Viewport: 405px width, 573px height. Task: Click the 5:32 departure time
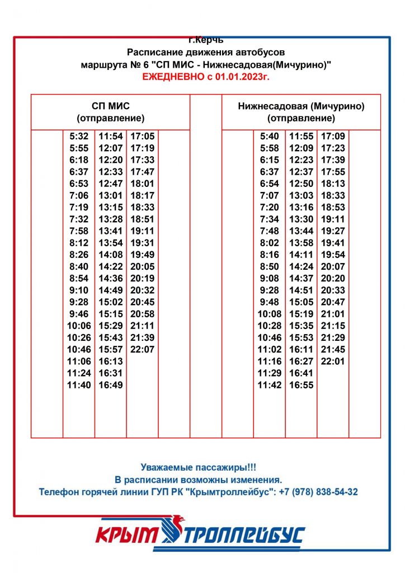pyautogui.click(x=79, y=136)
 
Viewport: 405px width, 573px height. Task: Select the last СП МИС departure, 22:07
pyautogui.click(x=142, y=350)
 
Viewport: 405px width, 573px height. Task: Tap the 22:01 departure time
pyautogui.click(x=333, y=361)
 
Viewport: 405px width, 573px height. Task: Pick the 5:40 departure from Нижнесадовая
pyautogui.click(x=269, y=136)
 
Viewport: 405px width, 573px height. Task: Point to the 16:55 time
pyautogui.click(x=301, y=385)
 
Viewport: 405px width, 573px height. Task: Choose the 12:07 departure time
pyautogui.click(x=111, y=148)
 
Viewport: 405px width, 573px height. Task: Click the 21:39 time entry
pyautogui.click(x=142, y=338)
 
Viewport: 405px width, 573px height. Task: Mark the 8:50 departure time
pyautogui.click(x=269, y=267)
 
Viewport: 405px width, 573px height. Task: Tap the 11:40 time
pyautogui.click(x=79, y=385)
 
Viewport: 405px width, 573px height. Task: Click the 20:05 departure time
pyautogui.click(x=142, y=267)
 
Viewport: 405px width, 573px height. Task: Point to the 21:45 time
pyautogui.click(x=333, y=350)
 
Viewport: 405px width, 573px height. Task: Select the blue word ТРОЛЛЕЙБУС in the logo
pyautogui.click(x=243, y=536)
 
